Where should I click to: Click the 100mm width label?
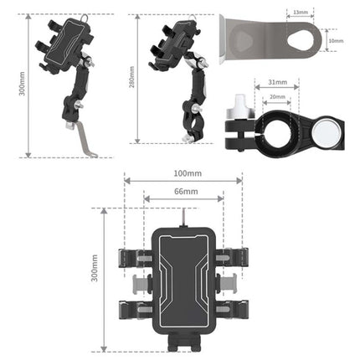(x=183, y=174)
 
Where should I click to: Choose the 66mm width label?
(x=183, y=191)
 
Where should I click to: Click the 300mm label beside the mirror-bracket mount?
(x=23, y=85)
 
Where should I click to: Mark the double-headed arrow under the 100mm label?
(x=183, y=180)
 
